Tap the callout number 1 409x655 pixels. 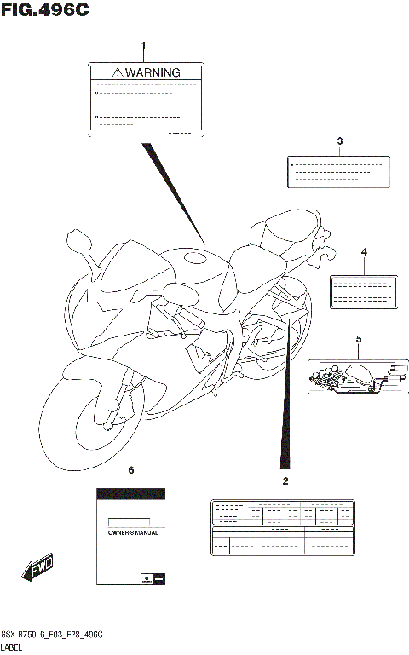coord(143,45)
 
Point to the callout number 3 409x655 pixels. coord(339,141)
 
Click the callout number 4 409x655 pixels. coord(364,253)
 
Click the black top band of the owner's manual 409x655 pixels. coord(130,494)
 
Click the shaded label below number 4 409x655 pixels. coord(364,290)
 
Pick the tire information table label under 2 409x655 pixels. coord(282,528)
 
